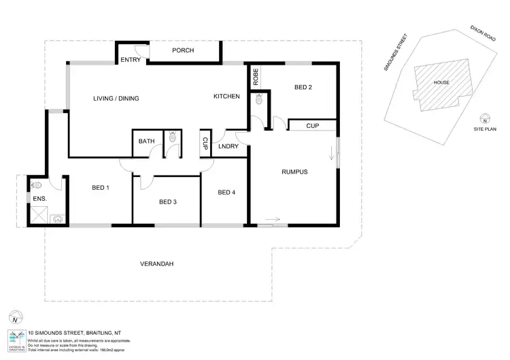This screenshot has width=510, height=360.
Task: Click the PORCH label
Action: click(x=183, y=50)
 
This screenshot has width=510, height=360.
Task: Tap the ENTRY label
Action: click(x=130, y=61)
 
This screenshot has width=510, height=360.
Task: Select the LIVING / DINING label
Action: click(x=116, y=99)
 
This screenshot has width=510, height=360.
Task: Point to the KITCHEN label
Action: click(x=226, y=97)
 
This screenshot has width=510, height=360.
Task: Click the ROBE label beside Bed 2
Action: click(x=256, y=76)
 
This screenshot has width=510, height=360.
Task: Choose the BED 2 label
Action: click(x=303, y=87)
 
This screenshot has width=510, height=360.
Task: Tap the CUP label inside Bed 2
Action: click(x=312, y=126)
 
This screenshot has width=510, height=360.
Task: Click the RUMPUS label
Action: click(x=294, y=171)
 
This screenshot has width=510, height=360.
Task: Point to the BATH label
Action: click(x=147, y=141)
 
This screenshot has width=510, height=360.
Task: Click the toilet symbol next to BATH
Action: click(x=173, y=137)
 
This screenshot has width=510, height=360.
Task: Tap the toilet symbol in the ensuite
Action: click(x=35, y=184)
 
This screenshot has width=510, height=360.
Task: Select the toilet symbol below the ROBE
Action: click(x=259, y=99)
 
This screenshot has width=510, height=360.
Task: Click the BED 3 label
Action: click(x=168, y=201)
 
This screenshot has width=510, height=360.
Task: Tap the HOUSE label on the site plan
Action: click(x=441, y=82)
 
